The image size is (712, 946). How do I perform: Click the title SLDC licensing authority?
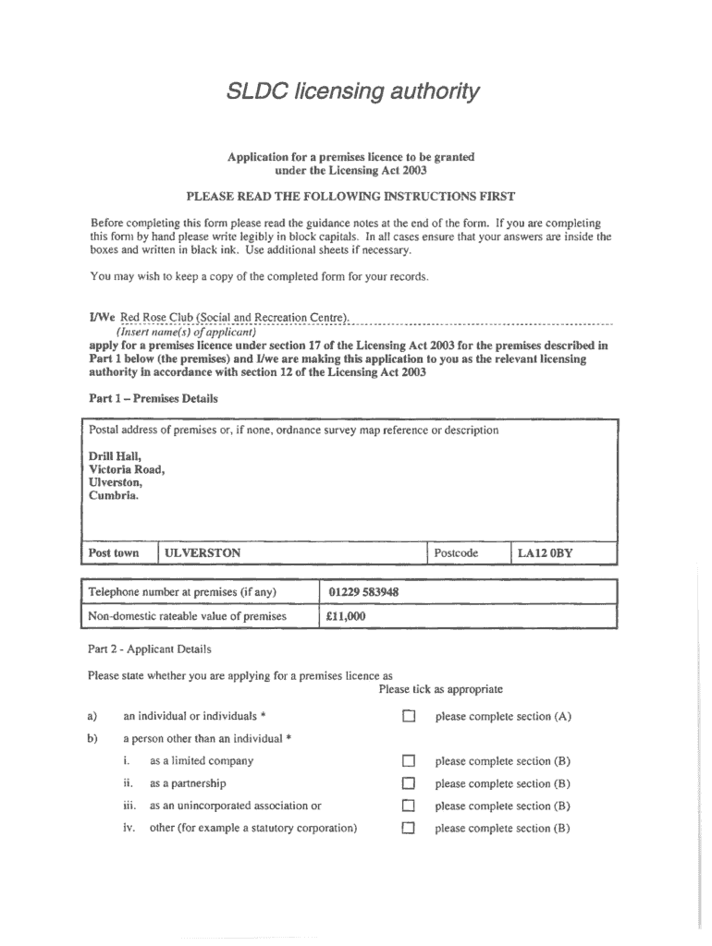354,91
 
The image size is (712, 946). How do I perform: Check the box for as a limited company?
409,762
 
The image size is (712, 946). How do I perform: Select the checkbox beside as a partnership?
409,784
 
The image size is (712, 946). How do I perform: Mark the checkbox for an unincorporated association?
409,807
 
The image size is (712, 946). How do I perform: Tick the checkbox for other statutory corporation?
409,829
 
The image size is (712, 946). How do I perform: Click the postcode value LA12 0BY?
545,553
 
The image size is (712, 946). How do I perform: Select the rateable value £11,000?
346,616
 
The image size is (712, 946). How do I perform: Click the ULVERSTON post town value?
203,553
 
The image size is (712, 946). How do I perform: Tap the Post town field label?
114,553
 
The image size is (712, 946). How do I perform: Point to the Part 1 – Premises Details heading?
153,399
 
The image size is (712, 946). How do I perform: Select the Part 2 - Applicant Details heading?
149,649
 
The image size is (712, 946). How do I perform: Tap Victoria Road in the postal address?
127,469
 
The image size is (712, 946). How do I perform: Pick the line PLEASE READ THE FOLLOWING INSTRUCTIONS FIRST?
350,196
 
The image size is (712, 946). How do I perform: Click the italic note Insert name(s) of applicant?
179,332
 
